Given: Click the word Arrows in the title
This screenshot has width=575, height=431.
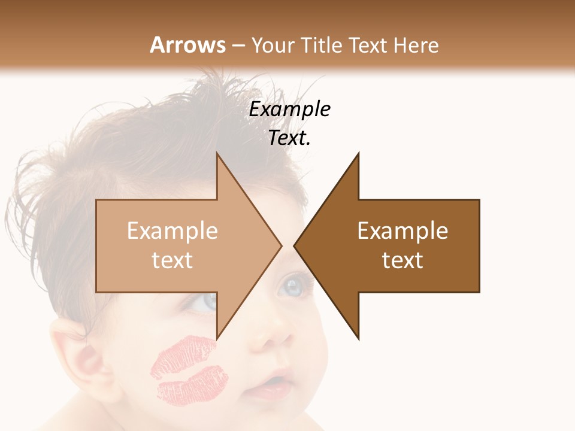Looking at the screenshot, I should [187, 45].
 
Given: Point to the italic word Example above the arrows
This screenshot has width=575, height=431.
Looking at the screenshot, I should [290, 110].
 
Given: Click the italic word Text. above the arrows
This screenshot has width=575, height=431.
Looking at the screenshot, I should [290, 138].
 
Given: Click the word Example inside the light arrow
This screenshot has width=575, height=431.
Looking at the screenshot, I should [172, 231].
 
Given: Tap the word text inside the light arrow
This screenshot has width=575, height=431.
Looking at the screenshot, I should [172, 260].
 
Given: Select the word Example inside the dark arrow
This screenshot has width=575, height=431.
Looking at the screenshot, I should [402, 231].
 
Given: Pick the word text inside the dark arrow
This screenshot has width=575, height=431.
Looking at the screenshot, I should [402, 260].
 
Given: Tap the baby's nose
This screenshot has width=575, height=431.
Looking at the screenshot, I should [267, 338].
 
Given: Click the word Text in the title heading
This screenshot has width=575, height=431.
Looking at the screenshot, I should [368, 45].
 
